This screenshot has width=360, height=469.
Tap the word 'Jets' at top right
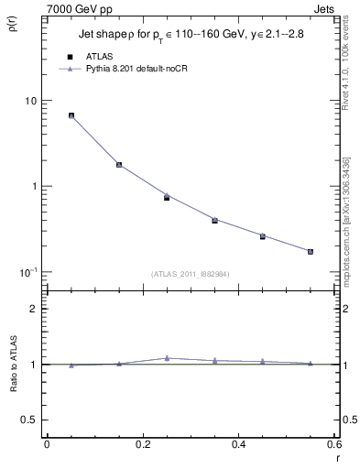coord(324,7)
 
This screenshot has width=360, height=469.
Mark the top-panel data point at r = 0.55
coord(311,251)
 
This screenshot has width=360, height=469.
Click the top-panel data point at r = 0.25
coord(167,197)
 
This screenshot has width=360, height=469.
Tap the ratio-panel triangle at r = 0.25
coord(167,358)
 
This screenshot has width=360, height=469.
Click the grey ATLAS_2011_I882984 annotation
coord(191,274)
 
